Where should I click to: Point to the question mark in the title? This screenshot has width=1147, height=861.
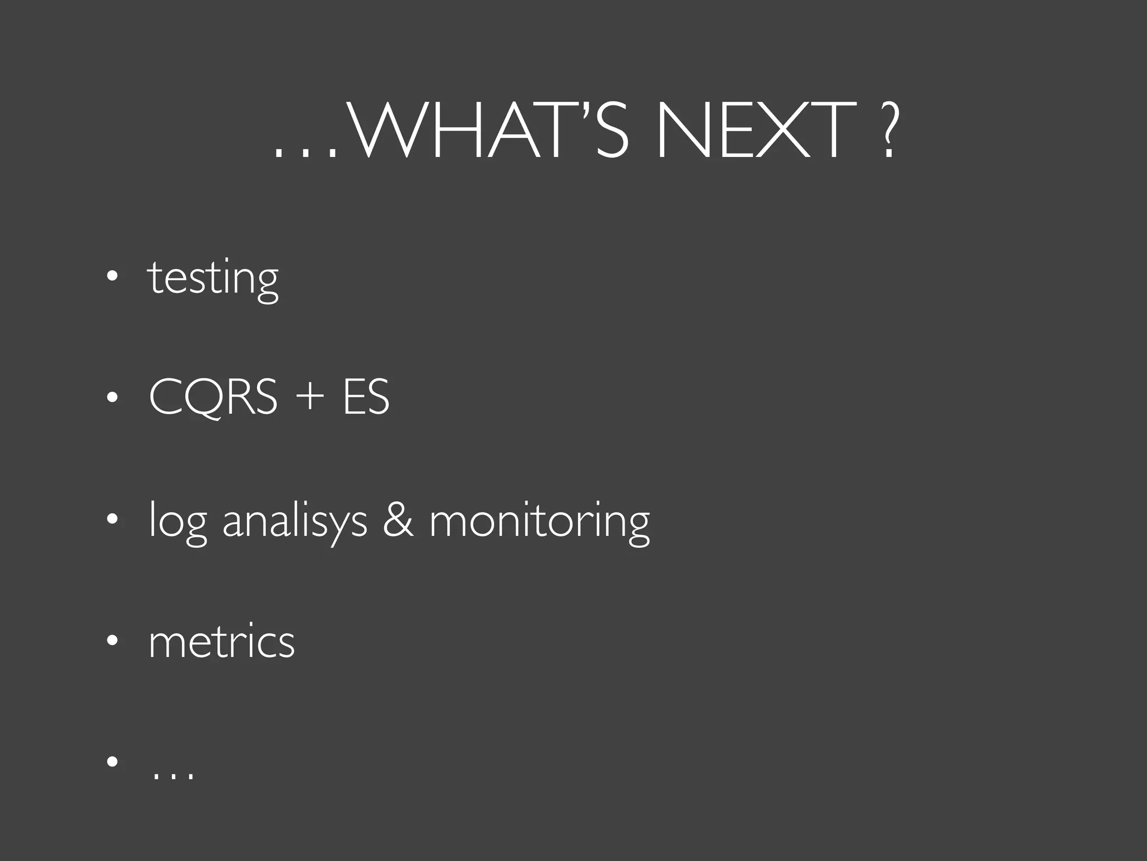[x=887, y=130]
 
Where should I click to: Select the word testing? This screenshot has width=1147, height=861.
[x=213, y=279]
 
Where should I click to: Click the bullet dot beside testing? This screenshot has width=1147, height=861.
[x=113, y=276]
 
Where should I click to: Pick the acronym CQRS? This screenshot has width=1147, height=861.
[x=213, y=397]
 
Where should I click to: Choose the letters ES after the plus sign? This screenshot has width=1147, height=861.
[x=366, y=397]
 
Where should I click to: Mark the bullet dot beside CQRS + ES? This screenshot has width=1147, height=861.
[x=113, y=397]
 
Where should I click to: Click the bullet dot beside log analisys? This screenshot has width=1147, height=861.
[x=113, y=519]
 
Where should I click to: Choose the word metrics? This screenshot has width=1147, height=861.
[x=222, y=642]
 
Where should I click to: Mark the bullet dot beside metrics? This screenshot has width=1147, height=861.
[x=113, y=640]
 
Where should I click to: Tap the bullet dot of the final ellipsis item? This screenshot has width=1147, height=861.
[x=113, y=762]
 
